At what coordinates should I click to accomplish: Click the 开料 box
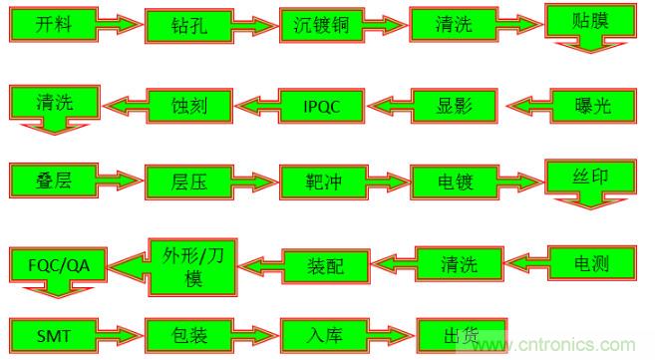pos(45,25)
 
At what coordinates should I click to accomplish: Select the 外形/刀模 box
pos(190,263)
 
